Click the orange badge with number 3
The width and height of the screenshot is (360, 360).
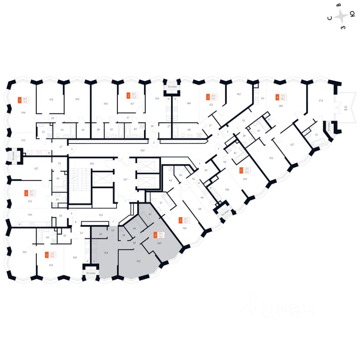(19, 100)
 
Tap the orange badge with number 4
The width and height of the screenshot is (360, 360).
(277, 97)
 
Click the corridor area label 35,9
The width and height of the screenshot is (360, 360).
(142, 150)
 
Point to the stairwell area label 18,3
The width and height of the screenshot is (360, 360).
(91, 163)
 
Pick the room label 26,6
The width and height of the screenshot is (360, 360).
(281, 106)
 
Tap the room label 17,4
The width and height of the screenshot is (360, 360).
(321, 100)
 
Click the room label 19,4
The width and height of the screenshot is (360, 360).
(23, 112)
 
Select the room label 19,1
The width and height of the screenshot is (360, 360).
(25, 252)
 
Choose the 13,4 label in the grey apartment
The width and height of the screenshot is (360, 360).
(106, 253)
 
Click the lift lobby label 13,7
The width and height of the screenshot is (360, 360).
(125, 180)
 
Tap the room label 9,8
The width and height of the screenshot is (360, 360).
(200, 209)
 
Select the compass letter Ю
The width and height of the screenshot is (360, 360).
(352, 15)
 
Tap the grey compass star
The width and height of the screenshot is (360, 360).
(341, 16)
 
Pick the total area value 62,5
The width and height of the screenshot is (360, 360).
(161, 237)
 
